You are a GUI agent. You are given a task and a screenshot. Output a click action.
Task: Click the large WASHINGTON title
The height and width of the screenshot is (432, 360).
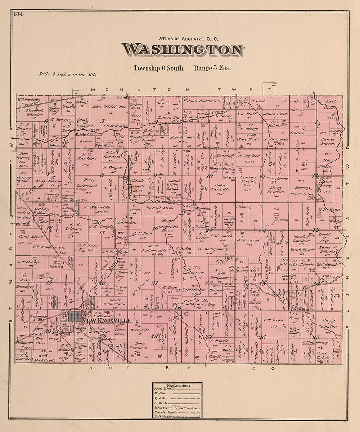tap(182, 50)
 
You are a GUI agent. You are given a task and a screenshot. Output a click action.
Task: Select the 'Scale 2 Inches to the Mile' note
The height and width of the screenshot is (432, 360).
tap(67, 75)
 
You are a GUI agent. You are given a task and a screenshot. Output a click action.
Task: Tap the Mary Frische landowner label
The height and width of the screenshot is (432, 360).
tap(275, 190)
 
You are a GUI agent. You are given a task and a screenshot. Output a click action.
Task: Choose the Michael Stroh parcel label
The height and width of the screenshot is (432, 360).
tap(155, 208)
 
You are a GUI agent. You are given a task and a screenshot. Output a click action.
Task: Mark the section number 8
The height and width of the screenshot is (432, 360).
tap(102, 174)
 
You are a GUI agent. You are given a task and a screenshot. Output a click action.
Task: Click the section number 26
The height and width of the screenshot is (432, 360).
tap(262, 337)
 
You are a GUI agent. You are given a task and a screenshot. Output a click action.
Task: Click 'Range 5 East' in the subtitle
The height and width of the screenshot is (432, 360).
tap(212, 68)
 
